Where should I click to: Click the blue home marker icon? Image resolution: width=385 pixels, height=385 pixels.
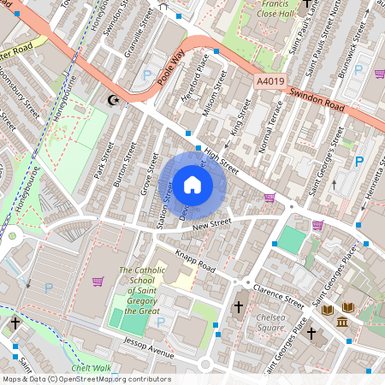[x=192, y=185]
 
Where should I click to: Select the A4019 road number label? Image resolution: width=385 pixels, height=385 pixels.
[x=269, y=81]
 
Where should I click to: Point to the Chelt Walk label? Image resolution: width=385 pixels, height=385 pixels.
[x=92, y=368]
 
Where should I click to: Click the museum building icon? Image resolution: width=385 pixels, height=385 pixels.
[x=342, y=322]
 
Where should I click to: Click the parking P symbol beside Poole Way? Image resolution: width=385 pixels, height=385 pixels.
[x=146, y=75]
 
